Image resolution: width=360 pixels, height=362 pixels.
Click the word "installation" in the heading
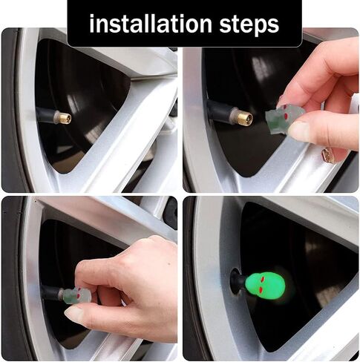(151, 24)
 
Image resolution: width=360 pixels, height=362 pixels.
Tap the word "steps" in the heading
(249, 25)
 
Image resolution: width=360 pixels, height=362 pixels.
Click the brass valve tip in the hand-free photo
(66, 118)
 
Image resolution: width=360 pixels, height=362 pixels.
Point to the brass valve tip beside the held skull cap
(246, 117)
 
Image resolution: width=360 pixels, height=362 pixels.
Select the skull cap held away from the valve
(284, 116)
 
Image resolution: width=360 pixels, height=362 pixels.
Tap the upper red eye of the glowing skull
(263, 279)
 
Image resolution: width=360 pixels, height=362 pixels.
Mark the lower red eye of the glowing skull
(261, 289)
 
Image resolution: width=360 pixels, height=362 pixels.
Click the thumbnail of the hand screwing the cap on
(89, 278)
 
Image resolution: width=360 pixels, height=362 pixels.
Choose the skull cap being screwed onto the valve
(76, 295)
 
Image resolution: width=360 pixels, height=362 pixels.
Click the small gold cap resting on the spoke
(328, 155)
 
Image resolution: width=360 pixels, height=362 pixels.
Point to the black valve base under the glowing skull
(237, 281)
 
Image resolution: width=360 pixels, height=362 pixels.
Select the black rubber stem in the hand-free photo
(47, 115)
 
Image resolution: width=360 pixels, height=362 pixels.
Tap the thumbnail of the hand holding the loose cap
(271, 110)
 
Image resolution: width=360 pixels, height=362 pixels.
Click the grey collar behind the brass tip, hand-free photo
(57, 117)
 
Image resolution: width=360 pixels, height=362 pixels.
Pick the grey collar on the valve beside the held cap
(235, 115)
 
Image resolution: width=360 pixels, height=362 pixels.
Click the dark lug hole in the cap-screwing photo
(171, 213)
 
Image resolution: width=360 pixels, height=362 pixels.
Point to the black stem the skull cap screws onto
(51, 292)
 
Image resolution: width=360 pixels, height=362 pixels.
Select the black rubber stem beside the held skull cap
(220, 112)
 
